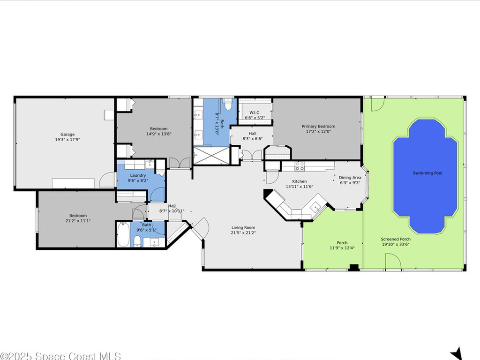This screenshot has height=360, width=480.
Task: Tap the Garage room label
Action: (x=67, y=135)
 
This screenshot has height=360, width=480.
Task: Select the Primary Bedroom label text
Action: (x=318, y=126)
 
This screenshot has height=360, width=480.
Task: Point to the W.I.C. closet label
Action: (x=255, y=112)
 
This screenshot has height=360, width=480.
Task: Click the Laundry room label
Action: (x=138, y=175)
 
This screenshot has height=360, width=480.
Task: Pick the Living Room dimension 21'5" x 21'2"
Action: (x=243, y=233)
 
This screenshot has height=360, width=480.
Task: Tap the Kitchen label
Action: (x=300, y=181)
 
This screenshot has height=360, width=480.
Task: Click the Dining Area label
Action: (x=350, y=178)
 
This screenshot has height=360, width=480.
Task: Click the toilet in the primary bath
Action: (x=228, y=104)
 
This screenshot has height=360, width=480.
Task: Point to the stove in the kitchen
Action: (x=300, y=166)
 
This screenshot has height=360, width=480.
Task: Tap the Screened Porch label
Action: (x=395, y=239)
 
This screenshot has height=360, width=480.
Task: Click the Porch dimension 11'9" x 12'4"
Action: (x=342, y=248)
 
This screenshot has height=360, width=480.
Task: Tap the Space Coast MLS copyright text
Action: (x=60, y=356)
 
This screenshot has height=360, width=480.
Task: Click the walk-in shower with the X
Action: (x=211, y=156)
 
